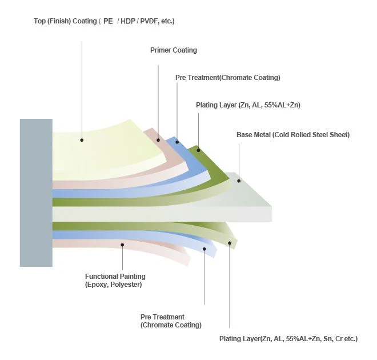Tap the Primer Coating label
(x=173, y=50)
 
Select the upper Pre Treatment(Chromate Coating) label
(x=227, y=78)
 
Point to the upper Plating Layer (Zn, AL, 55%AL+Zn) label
(x=248, y=105)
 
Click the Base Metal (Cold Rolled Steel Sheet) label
(x=292, y=135)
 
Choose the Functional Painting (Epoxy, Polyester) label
(x=115, y=281)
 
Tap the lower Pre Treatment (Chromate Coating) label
(x=171, y=321)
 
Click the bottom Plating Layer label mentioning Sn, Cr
(x=288, y=339)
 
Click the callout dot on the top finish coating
(x=82, y=139)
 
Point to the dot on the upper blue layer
(x=177, y=142)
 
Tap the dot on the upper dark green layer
(x=198, y=151)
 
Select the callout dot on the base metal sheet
(x=239, y=181)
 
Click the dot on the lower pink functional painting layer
(x=122, y=245)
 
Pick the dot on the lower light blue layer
(x=204, y=249)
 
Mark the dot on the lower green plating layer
(x=230, y=243)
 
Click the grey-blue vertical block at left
(x=36, y=193)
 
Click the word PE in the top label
(x=108, y=21)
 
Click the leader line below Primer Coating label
(x=158, y=97)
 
